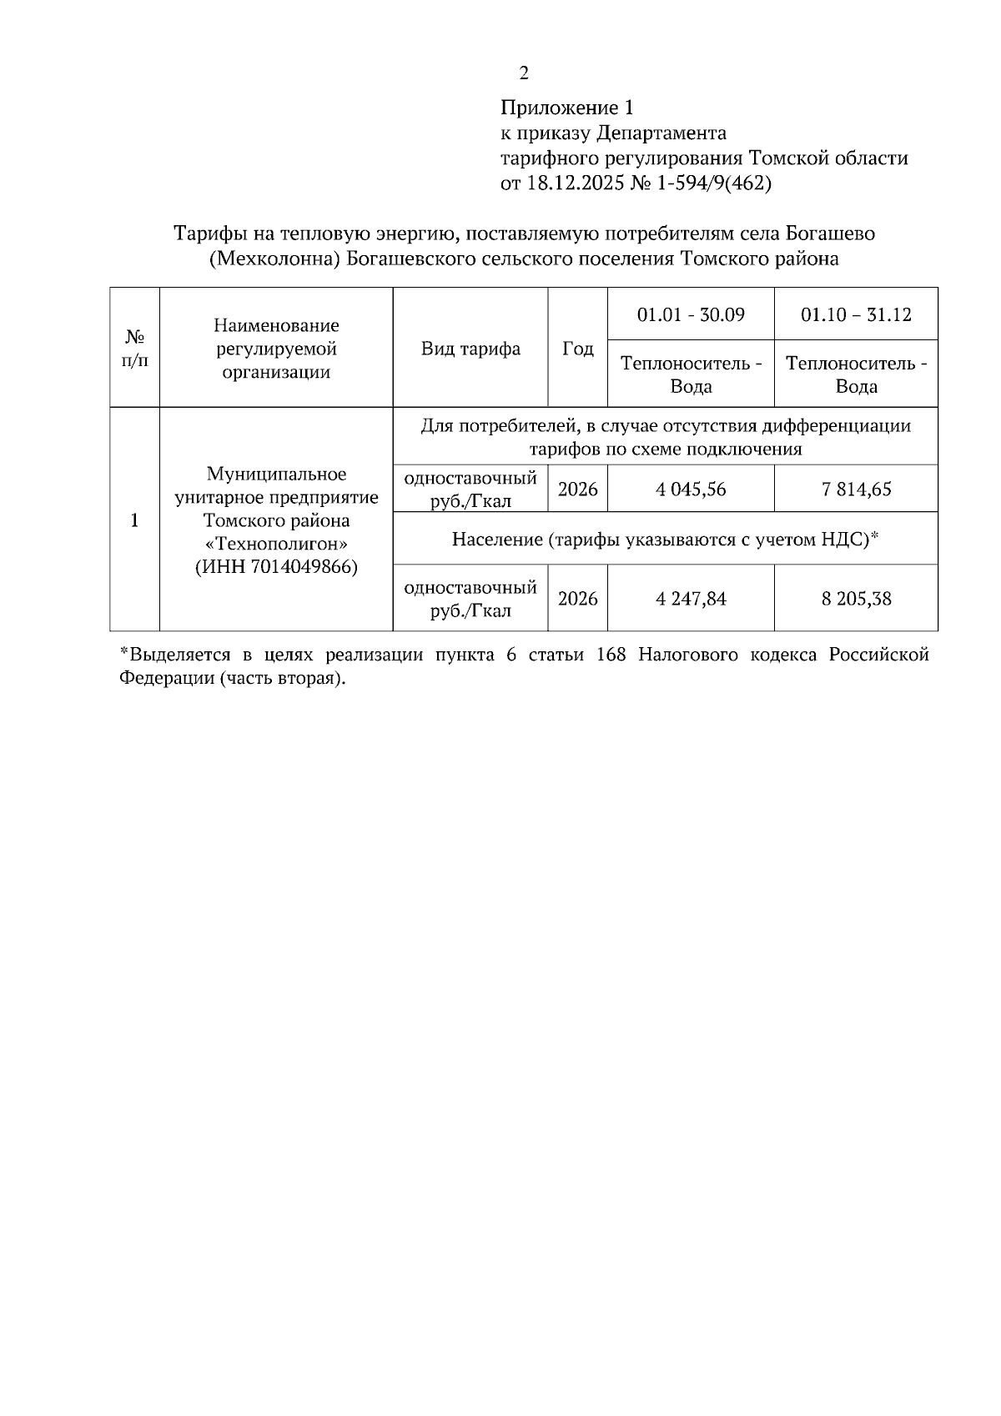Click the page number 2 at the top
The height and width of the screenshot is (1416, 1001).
coord(524,74)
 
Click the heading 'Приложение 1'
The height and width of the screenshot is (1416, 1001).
coord(567,108)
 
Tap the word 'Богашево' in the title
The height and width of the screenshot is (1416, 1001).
coord(831,233)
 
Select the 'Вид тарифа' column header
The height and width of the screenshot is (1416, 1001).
coord(470,349)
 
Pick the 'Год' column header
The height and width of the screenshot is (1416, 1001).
coord(577,349)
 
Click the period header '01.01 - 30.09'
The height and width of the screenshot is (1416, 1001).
coord(691,314)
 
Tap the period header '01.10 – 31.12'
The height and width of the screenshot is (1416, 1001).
coord(856,314)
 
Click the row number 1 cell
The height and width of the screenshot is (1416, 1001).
coord(135,520)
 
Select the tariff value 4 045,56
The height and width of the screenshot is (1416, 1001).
coord(691,489)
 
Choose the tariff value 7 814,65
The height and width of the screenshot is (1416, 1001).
coord(856,489)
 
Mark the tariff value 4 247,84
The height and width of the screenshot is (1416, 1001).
coord(691,599)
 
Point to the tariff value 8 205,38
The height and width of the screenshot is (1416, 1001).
coord(856,599)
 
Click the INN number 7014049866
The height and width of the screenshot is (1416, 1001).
coord(290,567)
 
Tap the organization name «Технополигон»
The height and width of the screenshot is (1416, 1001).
coord(276,544)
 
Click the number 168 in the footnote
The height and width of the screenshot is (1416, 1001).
coord(611,655)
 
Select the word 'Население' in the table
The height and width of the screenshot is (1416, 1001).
coord(496,540)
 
